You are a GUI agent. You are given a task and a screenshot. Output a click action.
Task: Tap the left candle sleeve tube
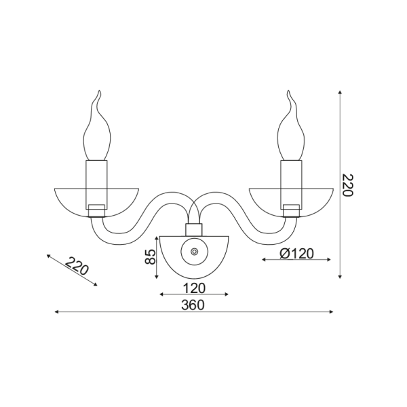(96, 185)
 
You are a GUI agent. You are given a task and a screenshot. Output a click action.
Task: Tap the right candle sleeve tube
(291, 185)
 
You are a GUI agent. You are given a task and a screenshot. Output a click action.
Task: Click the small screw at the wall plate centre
(194, 252)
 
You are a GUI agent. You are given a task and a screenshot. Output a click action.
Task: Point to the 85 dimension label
(151, 256)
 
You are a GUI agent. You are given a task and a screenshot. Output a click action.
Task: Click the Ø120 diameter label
(296, 253)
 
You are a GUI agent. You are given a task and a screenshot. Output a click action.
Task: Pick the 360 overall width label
(193, 305)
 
